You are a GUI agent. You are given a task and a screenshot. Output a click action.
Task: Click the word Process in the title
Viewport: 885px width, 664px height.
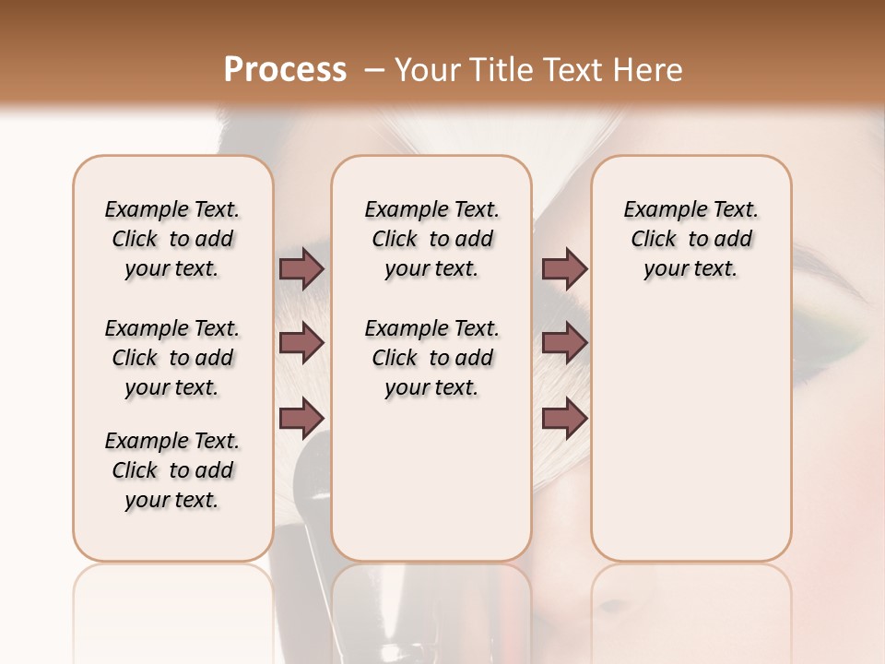pyautogui.click(x=285, y=70)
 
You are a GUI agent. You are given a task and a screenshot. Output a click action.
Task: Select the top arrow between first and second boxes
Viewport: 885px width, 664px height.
pyautogui.click(x=301, y=268)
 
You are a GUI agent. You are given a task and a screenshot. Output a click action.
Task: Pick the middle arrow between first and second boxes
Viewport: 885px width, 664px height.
pyautogui.click(x=301, y=343)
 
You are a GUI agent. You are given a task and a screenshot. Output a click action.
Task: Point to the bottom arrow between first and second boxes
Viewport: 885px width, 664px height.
pyautogui.click(x=301, y=418)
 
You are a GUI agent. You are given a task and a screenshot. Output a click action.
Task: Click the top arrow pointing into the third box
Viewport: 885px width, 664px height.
pyautogui.click(x=564, y=268)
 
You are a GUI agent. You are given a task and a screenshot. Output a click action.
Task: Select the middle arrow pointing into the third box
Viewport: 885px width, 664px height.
pyautogui.click(x=564, y=343)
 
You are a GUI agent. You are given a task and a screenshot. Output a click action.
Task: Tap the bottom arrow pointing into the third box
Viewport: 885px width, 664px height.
pyautogui.click(x=564, y=418)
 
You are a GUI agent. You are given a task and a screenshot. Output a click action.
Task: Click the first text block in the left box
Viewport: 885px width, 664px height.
pyautogui.click(x=172, y=239)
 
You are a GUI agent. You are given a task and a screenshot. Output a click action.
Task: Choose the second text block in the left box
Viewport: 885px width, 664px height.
pyautogui.click(x=172, y=358)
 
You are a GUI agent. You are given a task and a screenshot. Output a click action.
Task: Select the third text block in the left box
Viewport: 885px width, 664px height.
pyautogui.click(x=172, y=470)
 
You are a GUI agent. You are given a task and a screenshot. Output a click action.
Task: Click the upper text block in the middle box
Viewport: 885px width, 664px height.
pyautogui.click(x=431, y=239)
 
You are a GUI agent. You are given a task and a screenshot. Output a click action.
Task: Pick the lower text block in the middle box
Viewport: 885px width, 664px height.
pyautogui.click(x=431, y=358)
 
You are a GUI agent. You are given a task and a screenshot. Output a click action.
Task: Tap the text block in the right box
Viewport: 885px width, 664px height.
pyautogui.click(x=690, y=239)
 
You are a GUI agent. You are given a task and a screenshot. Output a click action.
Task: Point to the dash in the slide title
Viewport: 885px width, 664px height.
pyautogui.click(x=373, y=70)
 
